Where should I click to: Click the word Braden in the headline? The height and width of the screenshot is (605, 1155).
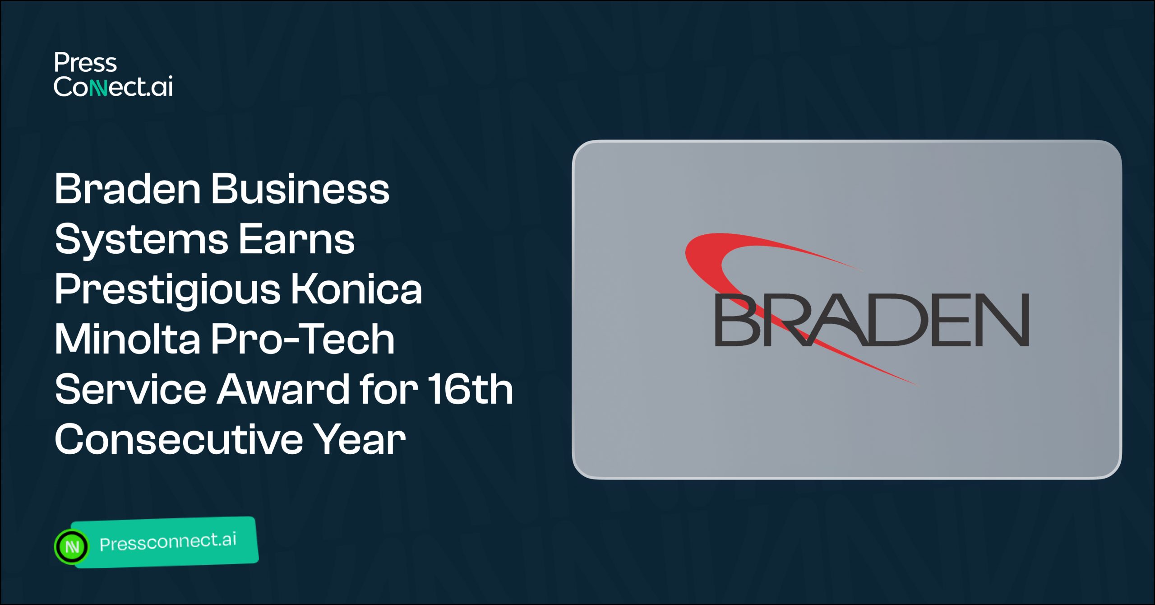[127, 189]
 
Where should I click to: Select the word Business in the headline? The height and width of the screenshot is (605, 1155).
[300, 189]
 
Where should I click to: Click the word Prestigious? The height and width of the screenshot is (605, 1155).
[167, 290]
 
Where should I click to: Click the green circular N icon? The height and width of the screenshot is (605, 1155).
[72, 547]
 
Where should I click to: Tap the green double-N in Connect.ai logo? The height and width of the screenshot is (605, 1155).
[98, 87]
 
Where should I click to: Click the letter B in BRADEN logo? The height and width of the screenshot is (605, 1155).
[738, 320]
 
